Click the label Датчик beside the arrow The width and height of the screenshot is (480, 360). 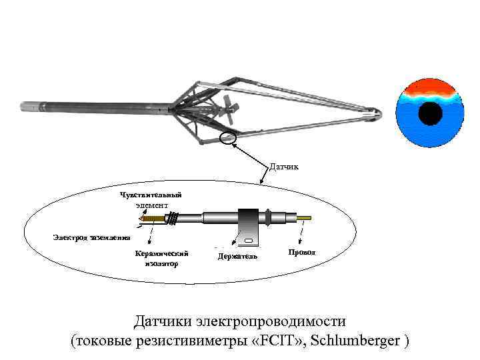point(284,166)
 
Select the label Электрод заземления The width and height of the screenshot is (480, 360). point(92,237)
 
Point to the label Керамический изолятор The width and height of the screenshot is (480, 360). point(161,258)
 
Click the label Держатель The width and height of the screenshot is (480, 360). point(237,256)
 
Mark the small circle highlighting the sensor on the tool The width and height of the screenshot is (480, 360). point(228,138)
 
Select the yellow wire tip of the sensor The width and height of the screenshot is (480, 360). point(306,218)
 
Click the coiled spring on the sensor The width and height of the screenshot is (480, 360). point(175,218)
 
